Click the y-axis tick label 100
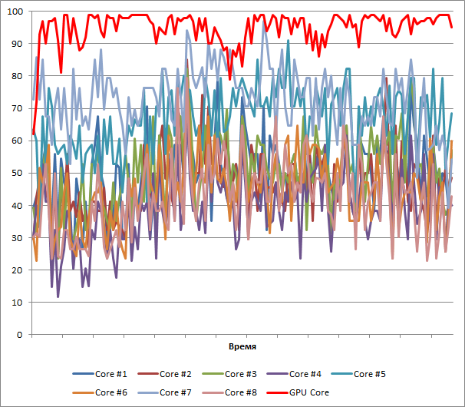14,12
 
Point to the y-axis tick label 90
17,44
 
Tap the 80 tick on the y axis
17,76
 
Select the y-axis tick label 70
17,108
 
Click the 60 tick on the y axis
17,141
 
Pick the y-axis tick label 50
17,173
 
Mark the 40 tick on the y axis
17,206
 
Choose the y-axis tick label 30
17,238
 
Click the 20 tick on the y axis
17,270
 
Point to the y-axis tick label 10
17,303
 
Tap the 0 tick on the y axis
20,335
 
